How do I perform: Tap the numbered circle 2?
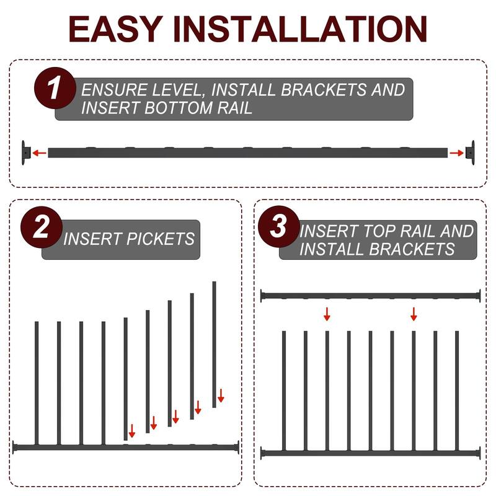point(41,228)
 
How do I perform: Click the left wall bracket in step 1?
point(25,152)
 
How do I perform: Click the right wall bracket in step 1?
point(471,152)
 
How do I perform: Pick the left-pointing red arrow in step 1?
point(40,153)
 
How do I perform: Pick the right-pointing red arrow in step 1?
point(456,153)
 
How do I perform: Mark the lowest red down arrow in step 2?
point(131,431)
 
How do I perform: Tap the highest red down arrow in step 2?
point(220,396)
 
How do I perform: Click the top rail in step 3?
point(371,296)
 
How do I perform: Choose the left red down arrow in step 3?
point(327,314)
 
